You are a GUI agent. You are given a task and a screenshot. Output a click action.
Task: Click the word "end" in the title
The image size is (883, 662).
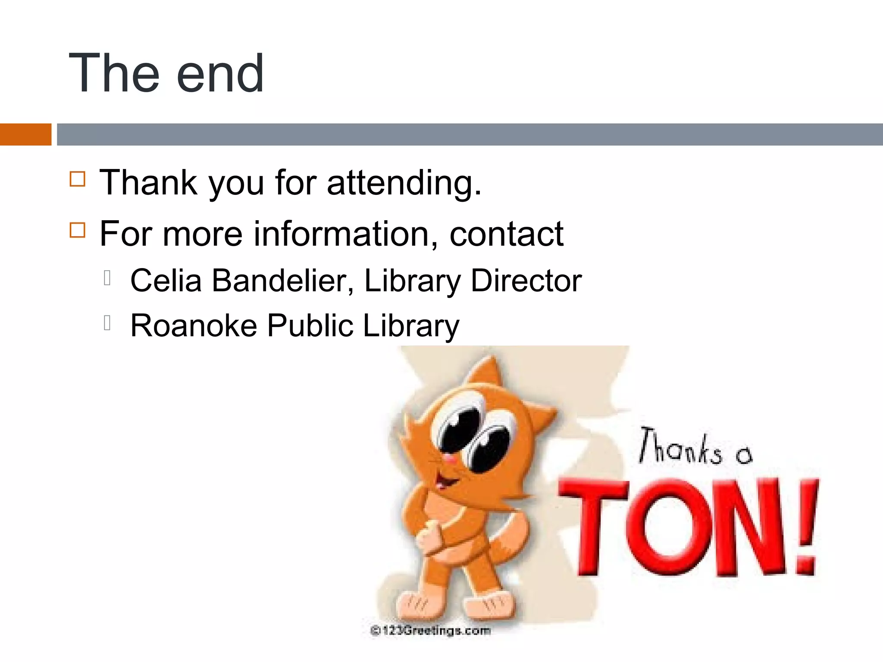coord(220,73)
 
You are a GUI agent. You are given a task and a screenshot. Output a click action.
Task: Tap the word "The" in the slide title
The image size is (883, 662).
coord(113,73)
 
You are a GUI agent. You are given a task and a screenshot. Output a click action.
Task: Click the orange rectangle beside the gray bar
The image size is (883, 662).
coord(25,134)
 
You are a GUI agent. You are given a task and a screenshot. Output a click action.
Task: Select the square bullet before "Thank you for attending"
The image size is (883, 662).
coord(78,178)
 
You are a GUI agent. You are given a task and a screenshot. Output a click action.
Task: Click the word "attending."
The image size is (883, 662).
coord(404,183)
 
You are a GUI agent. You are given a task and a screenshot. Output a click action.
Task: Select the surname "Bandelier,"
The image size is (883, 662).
coord(283,281)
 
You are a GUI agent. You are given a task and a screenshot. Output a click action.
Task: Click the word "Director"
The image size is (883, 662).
coord(526,281)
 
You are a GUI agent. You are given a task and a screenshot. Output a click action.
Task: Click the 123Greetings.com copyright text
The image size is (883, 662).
coord(430,631)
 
